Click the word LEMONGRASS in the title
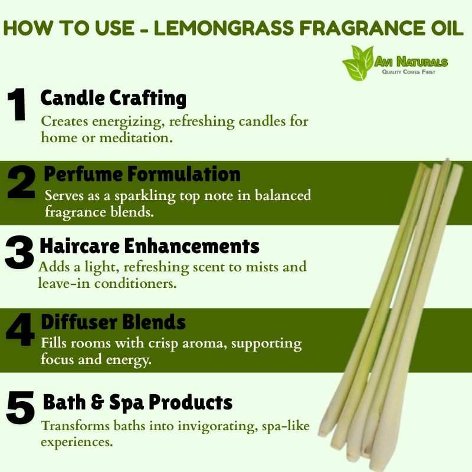pos(224,28)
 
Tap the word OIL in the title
pos(447,28)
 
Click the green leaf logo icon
pos(358,63)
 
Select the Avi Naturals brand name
pos(411,62)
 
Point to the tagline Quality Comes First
pos(408,72)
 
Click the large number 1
pos(17,104)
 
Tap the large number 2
pos(21,182)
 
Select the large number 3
pos(19,253)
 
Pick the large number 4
pos(20,330)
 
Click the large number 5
pos(20,407)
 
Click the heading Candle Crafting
pos(113,99)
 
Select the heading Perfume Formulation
pos(142,174)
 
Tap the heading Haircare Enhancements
pos(149,246)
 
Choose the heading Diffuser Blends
pos(113,322)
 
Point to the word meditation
pos(136,138)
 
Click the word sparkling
pos(145,196)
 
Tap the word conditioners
pos(135,284)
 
